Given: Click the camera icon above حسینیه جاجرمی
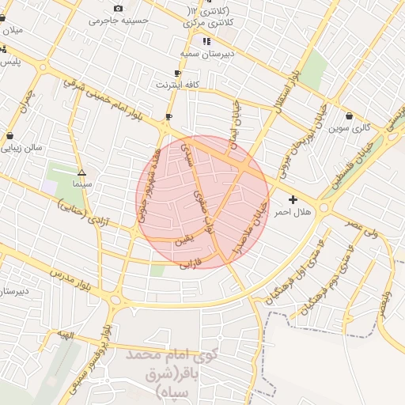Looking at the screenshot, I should [118, 9].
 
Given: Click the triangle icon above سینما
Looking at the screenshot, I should [81, 172].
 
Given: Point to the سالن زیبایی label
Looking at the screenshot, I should [44, 147].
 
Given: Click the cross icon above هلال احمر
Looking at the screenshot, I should [293, 200].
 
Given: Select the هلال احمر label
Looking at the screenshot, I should [293, 213].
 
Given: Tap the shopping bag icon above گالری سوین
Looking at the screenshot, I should [349, 115].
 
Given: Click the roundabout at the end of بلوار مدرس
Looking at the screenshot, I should [118, 298].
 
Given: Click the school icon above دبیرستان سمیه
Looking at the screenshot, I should [206, 40].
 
